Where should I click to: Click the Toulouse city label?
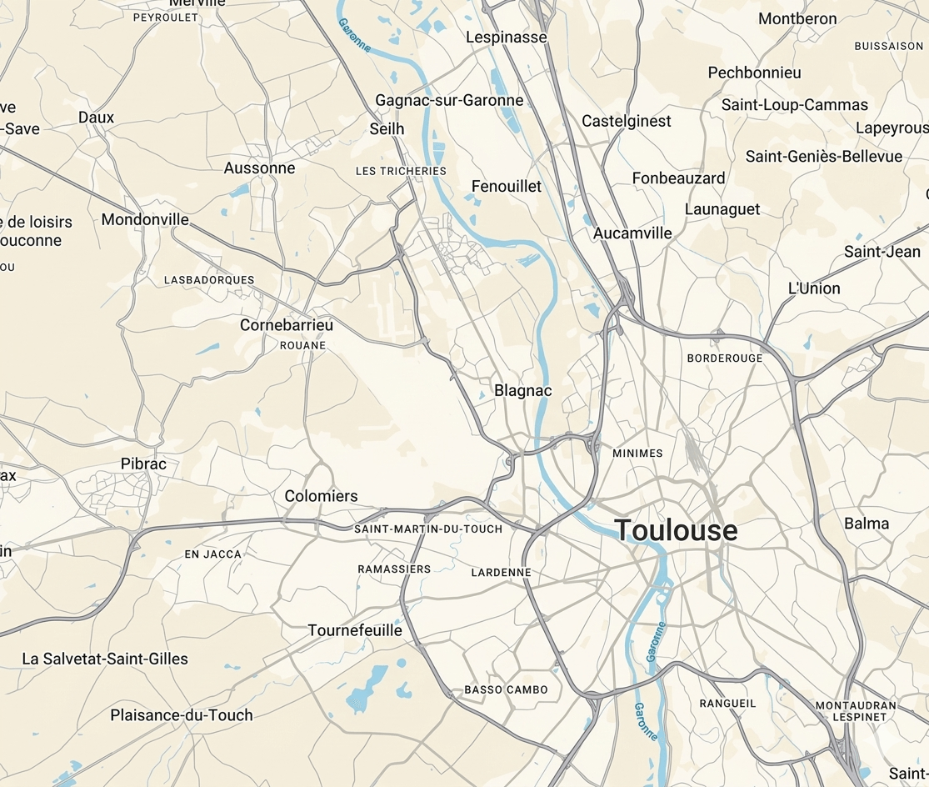point(676,530)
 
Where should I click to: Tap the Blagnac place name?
point(523,390)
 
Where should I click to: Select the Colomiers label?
point(321,496)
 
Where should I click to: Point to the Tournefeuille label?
point(355,630)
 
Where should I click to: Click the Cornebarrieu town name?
point(287,325)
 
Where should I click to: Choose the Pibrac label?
point(143,464)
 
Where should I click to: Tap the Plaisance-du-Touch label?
point(182,714)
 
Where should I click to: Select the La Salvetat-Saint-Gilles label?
point(105,659)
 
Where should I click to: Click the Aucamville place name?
point(632,233)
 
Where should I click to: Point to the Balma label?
point(867,524)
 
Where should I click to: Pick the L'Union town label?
point(814,288)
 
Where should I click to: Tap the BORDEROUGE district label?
point(724,358)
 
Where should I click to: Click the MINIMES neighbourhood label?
point(637,454)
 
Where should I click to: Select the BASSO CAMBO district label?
point(506,689)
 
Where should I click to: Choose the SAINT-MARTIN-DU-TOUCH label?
point(428,529)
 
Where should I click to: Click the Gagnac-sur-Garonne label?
point(449,100)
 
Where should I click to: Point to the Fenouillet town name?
point(507,186)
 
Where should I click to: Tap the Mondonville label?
point(145,220)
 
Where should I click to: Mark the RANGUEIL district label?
point(727,703)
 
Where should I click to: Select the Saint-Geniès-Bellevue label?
point(823,157)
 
